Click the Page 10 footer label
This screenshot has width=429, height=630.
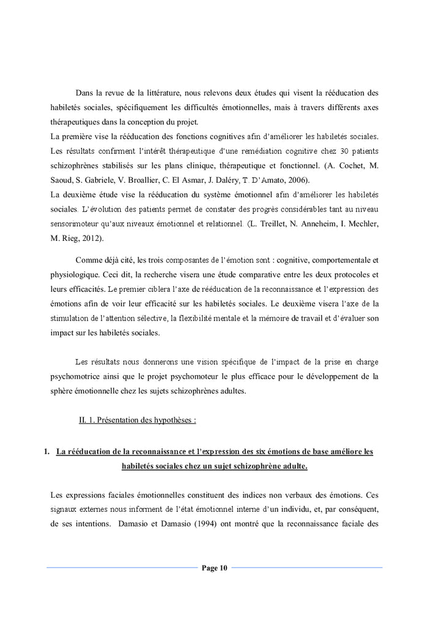point(214,568)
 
